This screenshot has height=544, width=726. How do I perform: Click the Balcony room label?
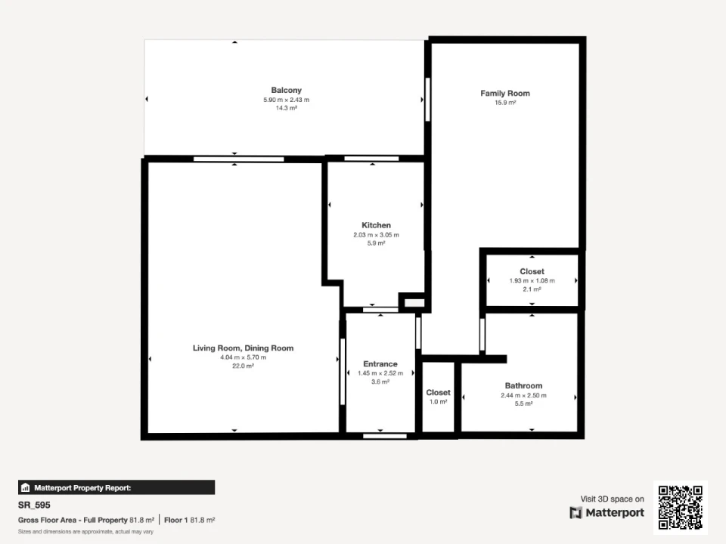(x=286, y=90)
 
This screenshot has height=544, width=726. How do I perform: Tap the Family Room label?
(x=505, y=94)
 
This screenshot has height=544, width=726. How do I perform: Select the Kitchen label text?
(x=376, y=225)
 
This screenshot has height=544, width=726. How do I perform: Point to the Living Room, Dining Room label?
(x=243, y=348)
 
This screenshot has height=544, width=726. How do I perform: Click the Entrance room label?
(x=380, y=364)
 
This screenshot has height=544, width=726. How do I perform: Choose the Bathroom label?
(x=523, y=386)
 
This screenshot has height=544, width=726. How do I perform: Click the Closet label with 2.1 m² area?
(x=532, y=271)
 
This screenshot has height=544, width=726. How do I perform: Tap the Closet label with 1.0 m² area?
(x=438, y=393)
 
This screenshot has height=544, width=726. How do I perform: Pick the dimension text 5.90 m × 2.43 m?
(x=286, y=100)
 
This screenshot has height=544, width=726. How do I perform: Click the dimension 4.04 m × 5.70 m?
(x=243, y=357)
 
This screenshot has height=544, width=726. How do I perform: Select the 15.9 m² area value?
(x=505, y=103)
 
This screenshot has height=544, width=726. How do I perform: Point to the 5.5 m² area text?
(x=523, y=403)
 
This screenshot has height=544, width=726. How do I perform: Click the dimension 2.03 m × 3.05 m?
(x=376, y=235)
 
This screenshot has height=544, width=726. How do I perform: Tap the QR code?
(x=681, y=508)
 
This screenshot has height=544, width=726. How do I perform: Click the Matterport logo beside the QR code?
(x=607, y=513)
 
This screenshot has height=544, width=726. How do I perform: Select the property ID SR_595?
(x=34, y=505)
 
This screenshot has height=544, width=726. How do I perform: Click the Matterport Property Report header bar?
(x=116, y=487)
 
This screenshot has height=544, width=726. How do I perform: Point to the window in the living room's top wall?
(x=238, y=159)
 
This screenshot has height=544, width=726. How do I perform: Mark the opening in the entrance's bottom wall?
(x=385, y=436)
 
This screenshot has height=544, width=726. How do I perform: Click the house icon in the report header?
(x=26, y=487)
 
